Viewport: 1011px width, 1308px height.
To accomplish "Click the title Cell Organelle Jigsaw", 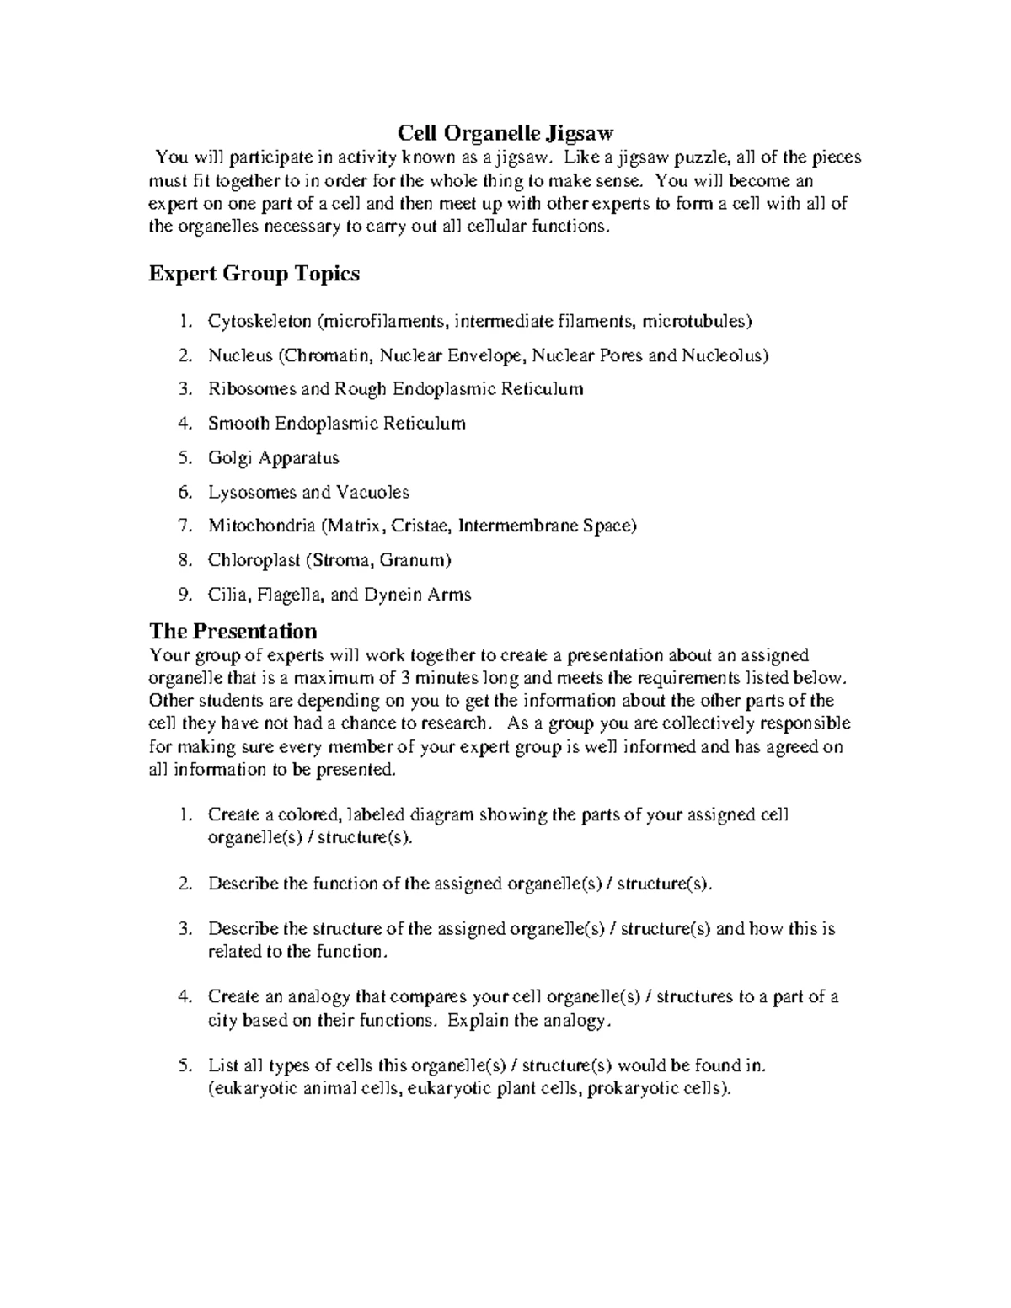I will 505,133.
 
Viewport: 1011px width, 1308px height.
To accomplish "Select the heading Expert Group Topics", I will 254,274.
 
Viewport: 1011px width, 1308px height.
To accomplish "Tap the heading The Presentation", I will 233,631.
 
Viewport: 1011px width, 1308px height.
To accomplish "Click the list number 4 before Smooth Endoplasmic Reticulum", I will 185,424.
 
